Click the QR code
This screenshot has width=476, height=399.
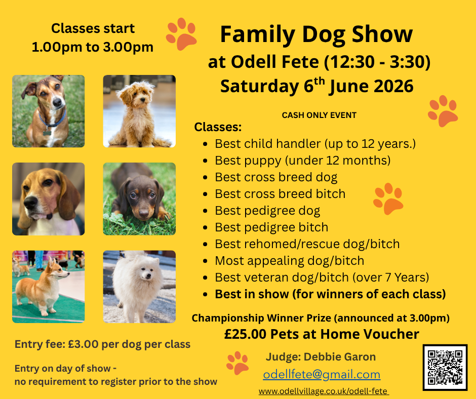pos(445,367)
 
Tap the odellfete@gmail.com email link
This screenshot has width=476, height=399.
pos(322,375)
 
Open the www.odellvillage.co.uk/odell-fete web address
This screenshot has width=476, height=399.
pos(323,391)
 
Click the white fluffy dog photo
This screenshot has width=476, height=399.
pos(139,287)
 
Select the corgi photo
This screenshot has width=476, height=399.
pos(49,287)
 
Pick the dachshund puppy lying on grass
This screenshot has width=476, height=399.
pos(139,199)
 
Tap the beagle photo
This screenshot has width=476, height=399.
pos(49,199)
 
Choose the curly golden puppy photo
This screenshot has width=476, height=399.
pos(139,111)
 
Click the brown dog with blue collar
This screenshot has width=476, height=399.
pos(49,111)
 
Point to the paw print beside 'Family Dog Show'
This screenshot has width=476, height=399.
pos(181,34)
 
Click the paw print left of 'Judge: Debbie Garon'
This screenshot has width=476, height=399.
pos(237,363)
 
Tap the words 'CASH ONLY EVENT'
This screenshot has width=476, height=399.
pos(319,115)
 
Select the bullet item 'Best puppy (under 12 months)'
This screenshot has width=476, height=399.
pos(302,161)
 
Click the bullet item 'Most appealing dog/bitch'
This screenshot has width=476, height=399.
pos(289,261)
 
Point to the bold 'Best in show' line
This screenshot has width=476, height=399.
pos(330,294)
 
